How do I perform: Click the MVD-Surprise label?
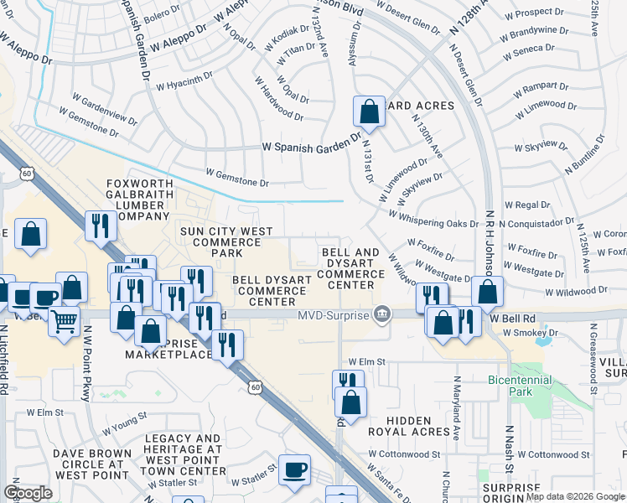pos(331,314)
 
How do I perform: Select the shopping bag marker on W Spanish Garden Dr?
pos(369,111)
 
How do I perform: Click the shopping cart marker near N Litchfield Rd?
pos(64,320)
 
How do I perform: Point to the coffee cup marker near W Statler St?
pos(294,470)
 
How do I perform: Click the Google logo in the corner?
pos(28,493)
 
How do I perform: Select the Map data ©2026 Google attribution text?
pos(575,496)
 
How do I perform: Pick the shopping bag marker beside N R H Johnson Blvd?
pos(487,292)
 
